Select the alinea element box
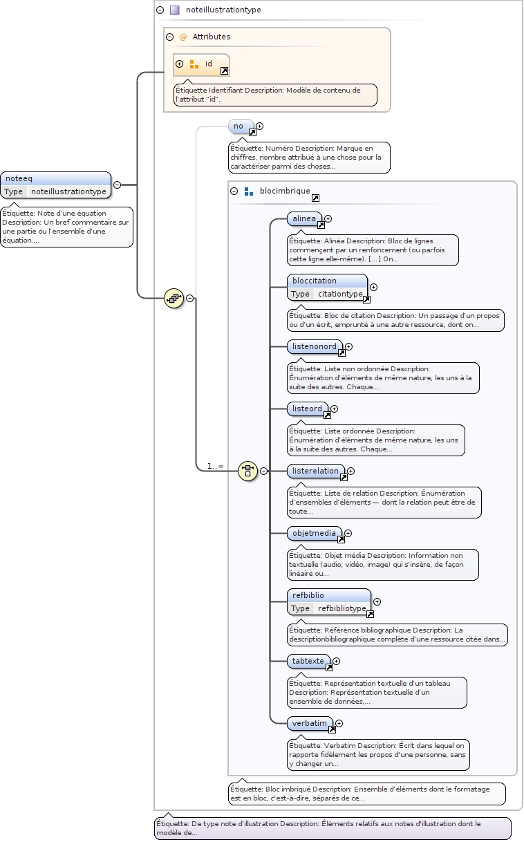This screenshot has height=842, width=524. click(304, 218)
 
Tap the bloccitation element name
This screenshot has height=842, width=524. click(315, 281)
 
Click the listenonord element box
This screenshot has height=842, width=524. click(315, 346)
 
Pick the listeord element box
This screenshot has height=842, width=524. click(308, 409)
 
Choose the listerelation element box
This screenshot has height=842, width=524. click(316, 471)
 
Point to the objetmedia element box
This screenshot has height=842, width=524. click(315, 533)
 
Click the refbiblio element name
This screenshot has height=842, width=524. click(308, 595)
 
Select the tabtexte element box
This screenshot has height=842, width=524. click(308, 661)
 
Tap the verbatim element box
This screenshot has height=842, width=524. click(310, 723)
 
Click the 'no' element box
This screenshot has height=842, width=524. click(238, 126)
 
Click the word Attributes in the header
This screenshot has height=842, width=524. click(212, 37)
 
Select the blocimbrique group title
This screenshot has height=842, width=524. click(285, 191)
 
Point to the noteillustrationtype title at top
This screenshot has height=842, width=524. click(223, 10)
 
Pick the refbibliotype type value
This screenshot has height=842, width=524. click(342, 608)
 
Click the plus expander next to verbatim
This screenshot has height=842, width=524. click(339, 723)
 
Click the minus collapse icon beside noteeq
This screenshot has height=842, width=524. click(117, 185)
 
